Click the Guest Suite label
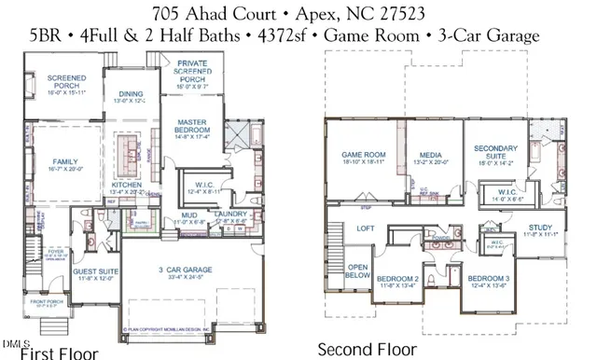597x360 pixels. pos(94,272)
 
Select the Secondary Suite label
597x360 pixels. pos(495,152)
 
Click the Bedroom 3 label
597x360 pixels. pos(486,281)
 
